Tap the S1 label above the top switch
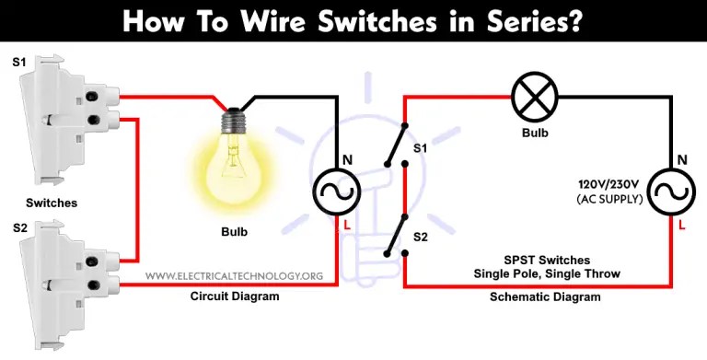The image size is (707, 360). (19, 63)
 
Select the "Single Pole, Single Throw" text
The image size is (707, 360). (535, 274)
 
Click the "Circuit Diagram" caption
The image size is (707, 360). (234, 296)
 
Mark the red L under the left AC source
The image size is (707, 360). (346, 225)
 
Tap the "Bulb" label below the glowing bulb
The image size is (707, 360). (234, 230)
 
